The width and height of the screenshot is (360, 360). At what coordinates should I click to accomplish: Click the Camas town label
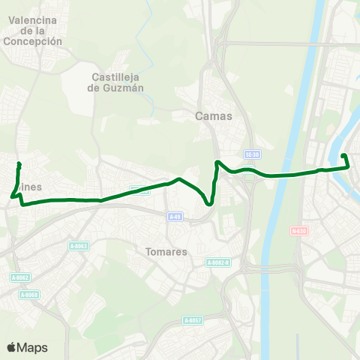coord(214,116)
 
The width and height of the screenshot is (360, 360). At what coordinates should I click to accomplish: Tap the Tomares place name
coord(167,252)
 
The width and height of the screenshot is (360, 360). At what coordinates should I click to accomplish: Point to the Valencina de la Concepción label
coord(32,31)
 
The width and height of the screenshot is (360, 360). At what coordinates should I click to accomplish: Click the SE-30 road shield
coord(252,154)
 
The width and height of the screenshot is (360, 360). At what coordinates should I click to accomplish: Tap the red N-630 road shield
coord(299,231)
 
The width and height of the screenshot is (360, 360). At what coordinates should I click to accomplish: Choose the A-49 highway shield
coord(175,217)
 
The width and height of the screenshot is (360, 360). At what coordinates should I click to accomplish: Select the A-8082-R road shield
coord(217,262)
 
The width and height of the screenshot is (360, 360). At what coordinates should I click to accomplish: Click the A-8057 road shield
coord(193,320)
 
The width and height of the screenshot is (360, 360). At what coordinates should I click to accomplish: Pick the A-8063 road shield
coord(78,246)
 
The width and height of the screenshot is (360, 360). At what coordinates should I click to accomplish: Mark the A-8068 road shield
coord(28,295)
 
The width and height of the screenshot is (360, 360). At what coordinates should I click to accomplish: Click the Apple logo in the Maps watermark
coord(11,347)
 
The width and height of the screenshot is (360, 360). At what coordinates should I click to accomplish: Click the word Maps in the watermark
coord(32,347)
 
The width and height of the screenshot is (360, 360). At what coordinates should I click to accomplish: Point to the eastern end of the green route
coord(343,156)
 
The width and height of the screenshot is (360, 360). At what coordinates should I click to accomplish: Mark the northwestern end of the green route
coord(19,164)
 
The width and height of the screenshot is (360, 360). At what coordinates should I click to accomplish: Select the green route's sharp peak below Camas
coord(217,163)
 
